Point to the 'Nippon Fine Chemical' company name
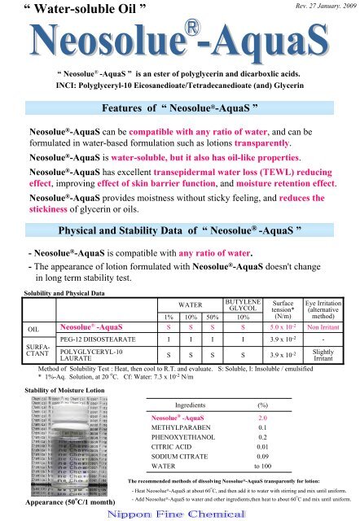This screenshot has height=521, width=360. click(179, 510)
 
